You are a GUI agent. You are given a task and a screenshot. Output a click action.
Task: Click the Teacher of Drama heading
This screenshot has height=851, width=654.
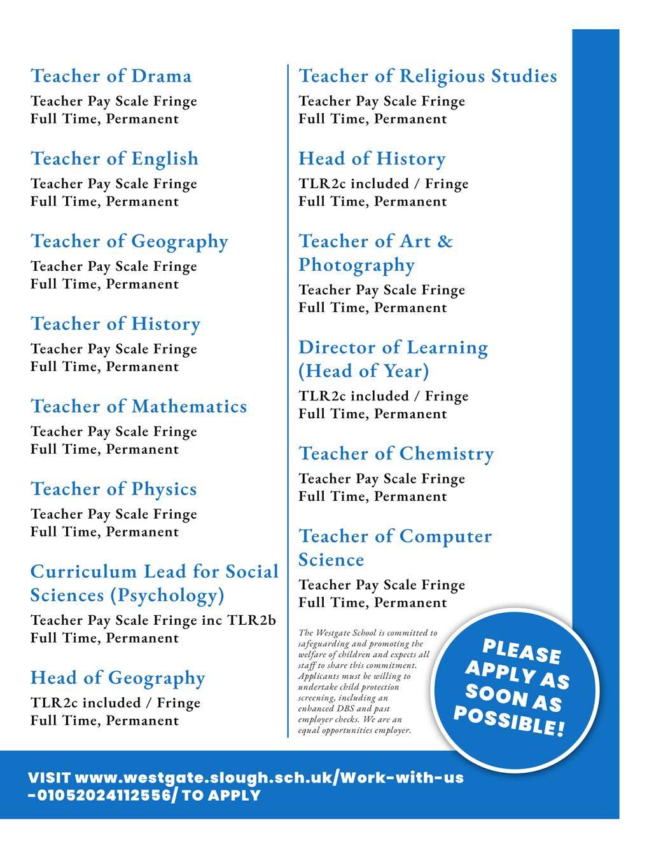(x=111, y=76)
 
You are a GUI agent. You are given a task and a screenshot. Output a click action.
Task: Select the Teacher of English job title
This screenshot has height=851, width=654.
(x=115, y=159)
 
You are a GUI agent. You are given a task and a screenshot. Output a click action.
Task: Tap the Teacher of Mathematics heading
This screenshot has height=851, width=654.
(x=139, y=407)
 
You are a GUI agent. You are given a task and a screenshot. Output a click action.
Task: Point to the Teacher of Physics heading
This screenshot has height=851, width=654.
(x=114, y=489)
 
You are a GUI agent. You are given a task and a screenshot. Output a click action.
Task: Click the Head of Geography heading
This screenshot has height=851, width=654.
(x=118, y=678)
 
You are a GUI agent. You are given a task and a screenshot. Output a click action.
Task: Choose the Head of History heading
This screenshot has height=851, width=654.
(x=372, y=159)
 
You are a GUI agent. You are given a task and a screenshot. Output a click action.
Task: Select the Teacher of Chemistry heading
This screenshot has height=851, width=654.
(x=396, y=454)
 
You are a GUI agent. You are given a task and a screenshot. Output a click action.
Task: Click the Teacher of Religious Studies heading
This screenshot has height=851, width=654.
(x=428, y=76)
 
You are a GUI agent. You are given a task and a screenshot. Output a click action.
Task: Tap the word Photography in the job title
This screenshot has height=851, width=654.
(x=356, y=265)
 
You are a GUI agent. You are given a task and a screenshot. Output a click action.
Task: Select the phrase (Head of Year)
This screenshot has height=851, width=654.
(x=364, y=371)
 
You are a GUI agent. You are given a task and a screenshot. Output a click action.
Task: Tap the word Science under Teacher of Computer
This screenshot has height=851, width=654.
(x=331, y=560)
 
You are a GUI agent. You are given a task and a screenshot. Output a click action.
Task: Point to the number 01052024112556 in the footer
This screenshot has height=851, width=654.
(x=103, y=795)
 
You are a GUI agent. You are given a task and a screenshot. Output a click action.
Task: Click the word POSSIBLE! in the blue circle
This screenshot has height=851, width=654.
(x=508, y=721)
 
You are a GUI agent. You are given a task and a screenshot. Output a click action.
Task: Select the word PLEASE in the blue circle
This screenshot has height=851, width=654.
(x=522, y=651)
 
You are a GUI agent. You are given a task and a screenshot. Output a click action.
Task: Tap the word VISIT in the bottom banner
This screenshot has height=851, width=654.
(x=50, y=778)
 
